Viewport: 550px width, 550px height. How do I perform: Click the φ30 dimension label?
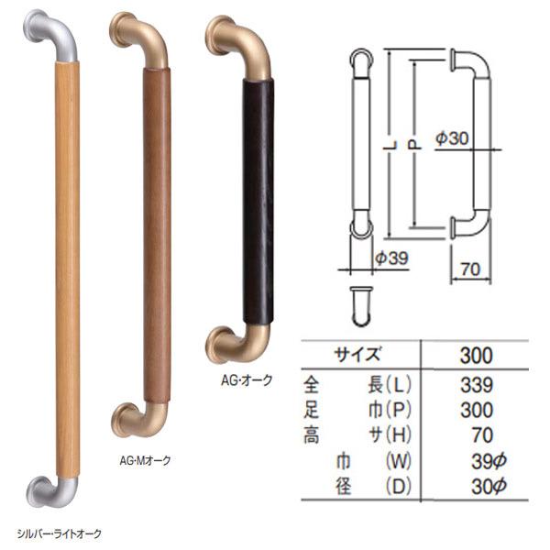click(x=453, y=138)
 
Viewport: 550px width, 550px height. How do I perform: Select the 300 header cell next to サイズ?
click(x=477, y=355)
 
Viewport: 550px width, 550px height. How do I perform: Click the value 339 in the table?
click(x=477, y=384)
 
